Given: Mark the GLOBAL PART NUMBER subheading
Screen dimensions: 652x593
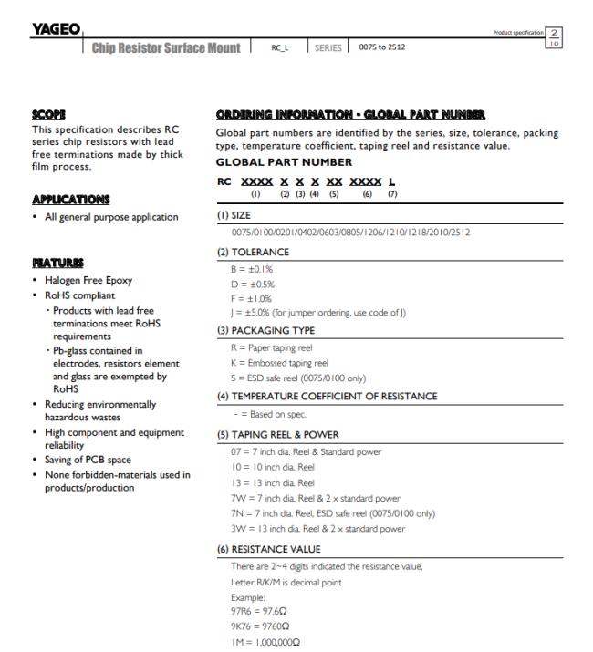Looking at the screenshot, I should [283, 161].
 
